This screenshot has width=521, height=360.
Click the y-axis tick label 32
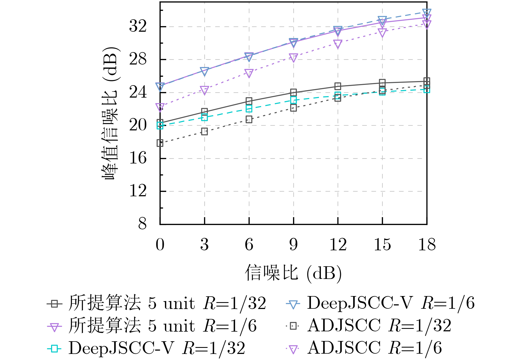coord(138,27)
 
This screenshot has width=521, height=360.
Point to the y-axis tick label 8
coord(142,224)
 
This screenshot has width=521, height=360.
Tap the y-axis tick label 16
coord(138,158)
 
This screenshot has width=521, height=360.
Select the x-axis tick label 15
coord(382,245)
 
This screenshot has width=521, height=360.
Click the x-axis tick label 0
coord(160,245)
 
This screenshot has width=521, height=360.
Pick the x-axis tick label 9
coord(293,245)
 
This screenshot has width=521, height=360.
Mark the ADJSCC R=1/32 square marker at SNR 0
coord(160,143)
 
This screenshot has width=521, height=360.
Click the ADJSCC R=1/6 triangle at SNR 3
coord(205,90)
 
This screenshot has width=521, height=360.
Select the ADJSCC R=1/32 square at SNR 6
coord(249,119)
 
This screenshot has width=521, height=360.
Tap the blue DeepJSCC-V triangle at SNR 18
coord(427,12)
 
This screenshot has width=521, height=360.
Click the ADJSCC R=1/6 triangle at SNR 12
coord(338,44)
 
